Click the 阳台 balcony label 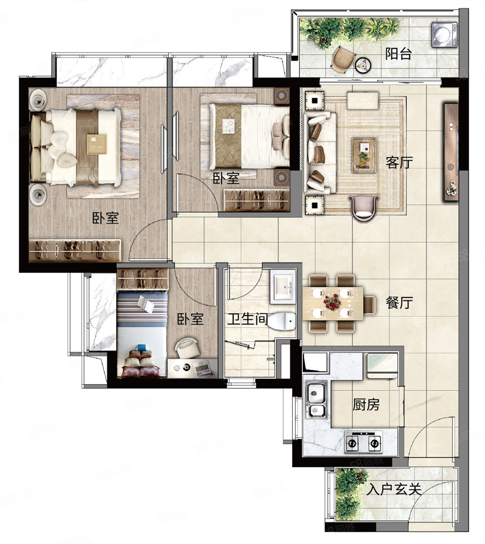[x=398, y=54]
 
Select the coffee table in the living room [x=364, y=155]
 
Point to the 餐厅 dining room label [x=399, y=303]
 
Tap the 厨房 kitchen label [x=366, y=405]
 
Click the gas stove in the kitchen [x=363, y=442]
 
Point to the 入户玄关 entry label [x=394, y=489]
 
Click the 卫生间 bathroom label [x=247, y=319]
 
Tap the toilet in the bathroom [x=282, y=322]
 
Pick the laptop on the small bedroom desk [x=203, y=369]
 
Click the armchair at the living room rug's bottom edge [x=364, y=207]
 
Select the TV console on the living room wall [x=451, y=151]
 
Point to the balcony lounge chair [x=343, y=59]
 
